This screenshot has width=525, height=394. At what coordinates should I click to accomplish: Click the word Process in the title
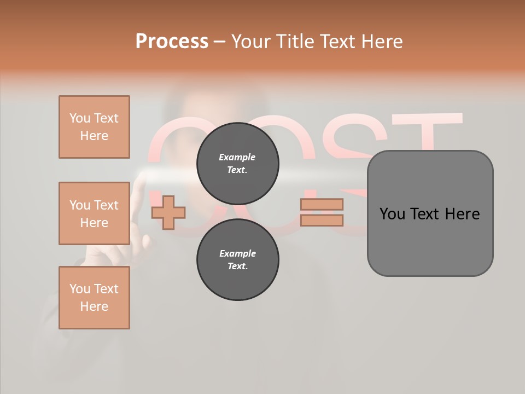pyautogui.click(x=172, y=42)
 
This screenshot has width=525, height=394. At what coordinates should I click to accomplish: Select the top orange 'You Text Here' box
pyautogui.click(x=94, y=127)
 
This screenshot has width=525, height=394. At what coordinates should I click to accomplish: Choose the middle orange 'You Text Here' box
pyautogui.click(x=94, y=213)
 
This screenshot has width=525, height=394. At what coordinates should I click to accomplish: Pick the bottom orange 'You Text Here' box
pyautogui.click(x=94, y=298)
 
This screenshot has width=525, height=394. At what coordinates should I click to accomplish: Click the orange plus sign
pyautogui.click(x=168, y=212)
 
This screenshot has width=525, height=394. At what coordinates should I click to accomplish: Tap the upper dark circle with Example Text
pyautogui.click(x=237, y=163)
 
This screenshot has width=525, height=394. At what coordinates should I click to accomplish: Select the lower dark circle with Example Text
pyautogui.click(x=237, y=259)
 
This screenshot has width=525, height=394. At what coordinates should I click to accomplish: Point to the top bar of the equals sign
pyautogui.click(x=322, y=204)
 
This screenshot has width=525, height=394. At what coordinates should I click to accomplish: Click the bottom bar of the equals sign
pyautogui.click(x=322, y=220)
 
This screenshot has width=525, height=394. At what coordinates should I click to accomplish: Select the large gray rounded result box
pyautogui.click(x=430, y=241)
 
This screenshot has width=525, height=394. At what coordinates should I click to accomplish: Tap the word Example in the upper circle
pyautogui.click(x=237, y=157)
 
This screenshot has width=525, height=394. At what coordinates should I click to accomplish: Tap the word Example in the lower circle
pyautogui.click(x=237, y=253)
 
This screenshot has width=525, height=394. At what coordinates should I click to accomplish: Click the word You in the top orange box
pyautogui.click(x=80, y=118)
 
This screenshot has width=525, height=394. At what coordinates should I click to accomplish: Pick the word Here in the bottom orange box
pyautogui.click(x=94, y=306)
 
